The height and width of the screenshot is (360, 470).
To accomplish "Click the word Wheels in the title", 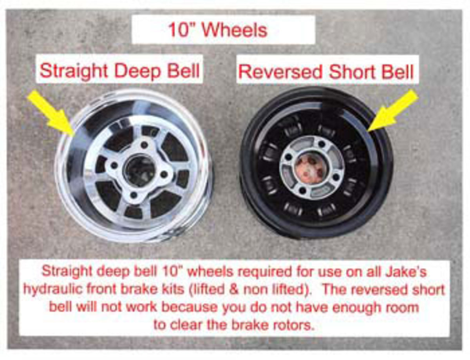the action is pos(235,30).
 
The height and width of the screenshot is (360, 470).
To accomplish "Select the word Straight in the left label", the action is pos(74,71).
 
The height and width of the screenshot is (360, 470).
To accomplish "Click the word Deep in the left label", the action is pos(138,72).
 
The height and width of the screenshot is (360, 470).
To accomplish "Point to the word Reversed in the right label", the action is pos(280,72).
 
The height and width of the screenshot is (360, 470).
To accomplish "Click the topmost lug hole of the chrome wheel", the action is pos(144,144).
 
